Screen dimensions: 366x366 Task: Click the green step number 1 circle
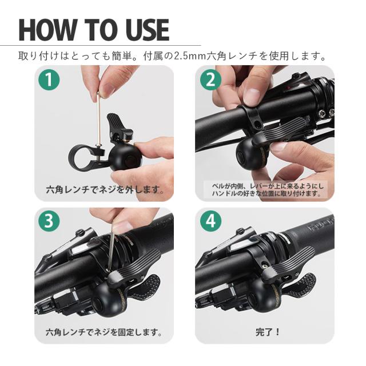click(x=50, y=80)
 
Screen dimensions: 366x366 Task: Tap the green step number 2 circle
click(x=210, y=80)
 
